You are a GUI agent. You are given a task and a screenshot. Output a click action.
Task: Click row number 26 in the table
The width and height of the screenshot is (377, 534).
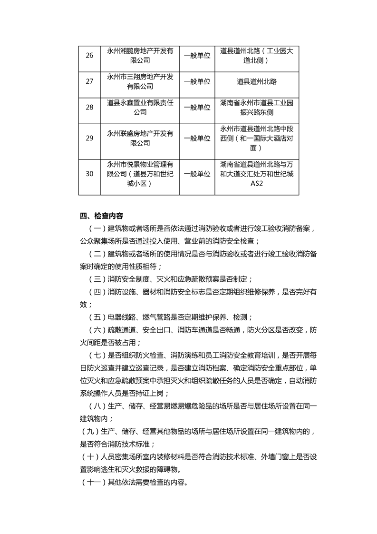(89, 56)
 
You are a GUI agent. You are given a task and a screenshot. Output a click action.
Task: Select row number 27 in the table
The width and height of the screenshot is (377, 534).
(89, 81)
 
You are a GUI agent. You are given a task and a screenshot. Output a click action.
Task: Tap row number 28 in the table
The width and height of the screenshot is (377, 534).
(89, 108)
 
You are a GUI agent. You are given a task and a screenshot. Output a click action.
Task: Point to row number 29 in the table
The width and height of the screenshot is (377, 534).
(89, 138)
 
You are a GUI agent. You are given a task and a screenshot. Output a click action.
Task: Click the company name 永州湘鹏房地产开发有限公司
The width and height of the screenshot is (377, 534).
(140, 56)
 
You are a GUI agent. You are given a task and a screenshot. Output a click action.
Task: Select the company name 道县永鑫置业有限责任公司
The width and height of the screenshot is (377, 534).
(140, 108)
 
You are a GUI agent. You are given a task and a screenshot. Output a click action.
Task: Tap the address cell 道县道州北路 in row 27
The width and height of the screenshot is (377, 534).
(257, 81)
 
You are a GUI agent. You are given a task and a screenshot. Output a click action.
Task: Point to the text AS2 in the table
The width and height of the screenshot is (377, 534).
(257, 184)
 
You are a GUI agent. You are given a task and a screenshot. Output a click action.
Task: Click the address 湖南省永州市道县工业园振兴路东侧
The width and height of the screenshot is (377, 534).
(257, 108)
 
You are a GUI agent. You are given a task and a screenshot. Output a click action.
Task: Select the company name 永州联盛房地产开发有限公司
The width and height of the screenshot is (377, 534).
(140, 138)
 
